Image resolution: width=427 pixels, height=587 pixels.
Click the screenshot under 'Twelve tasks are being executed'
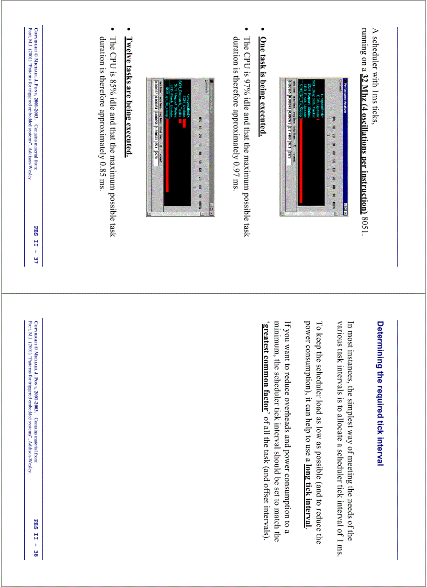point(177,146)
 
